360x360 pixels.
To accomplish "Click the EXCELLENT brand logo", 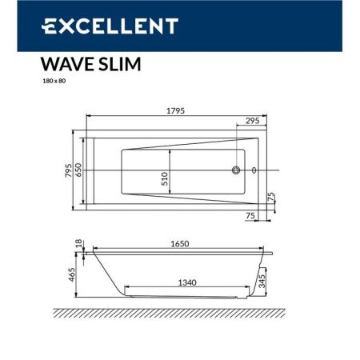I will (x=109, y=26).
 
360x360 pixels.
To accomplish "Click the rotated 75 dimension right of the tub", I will (x=271, y=197).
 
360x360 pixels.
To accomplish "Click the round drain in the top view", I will (x=236, y=171).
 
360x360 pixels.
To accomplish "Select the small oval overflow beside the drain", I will (x=254, y=171).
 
